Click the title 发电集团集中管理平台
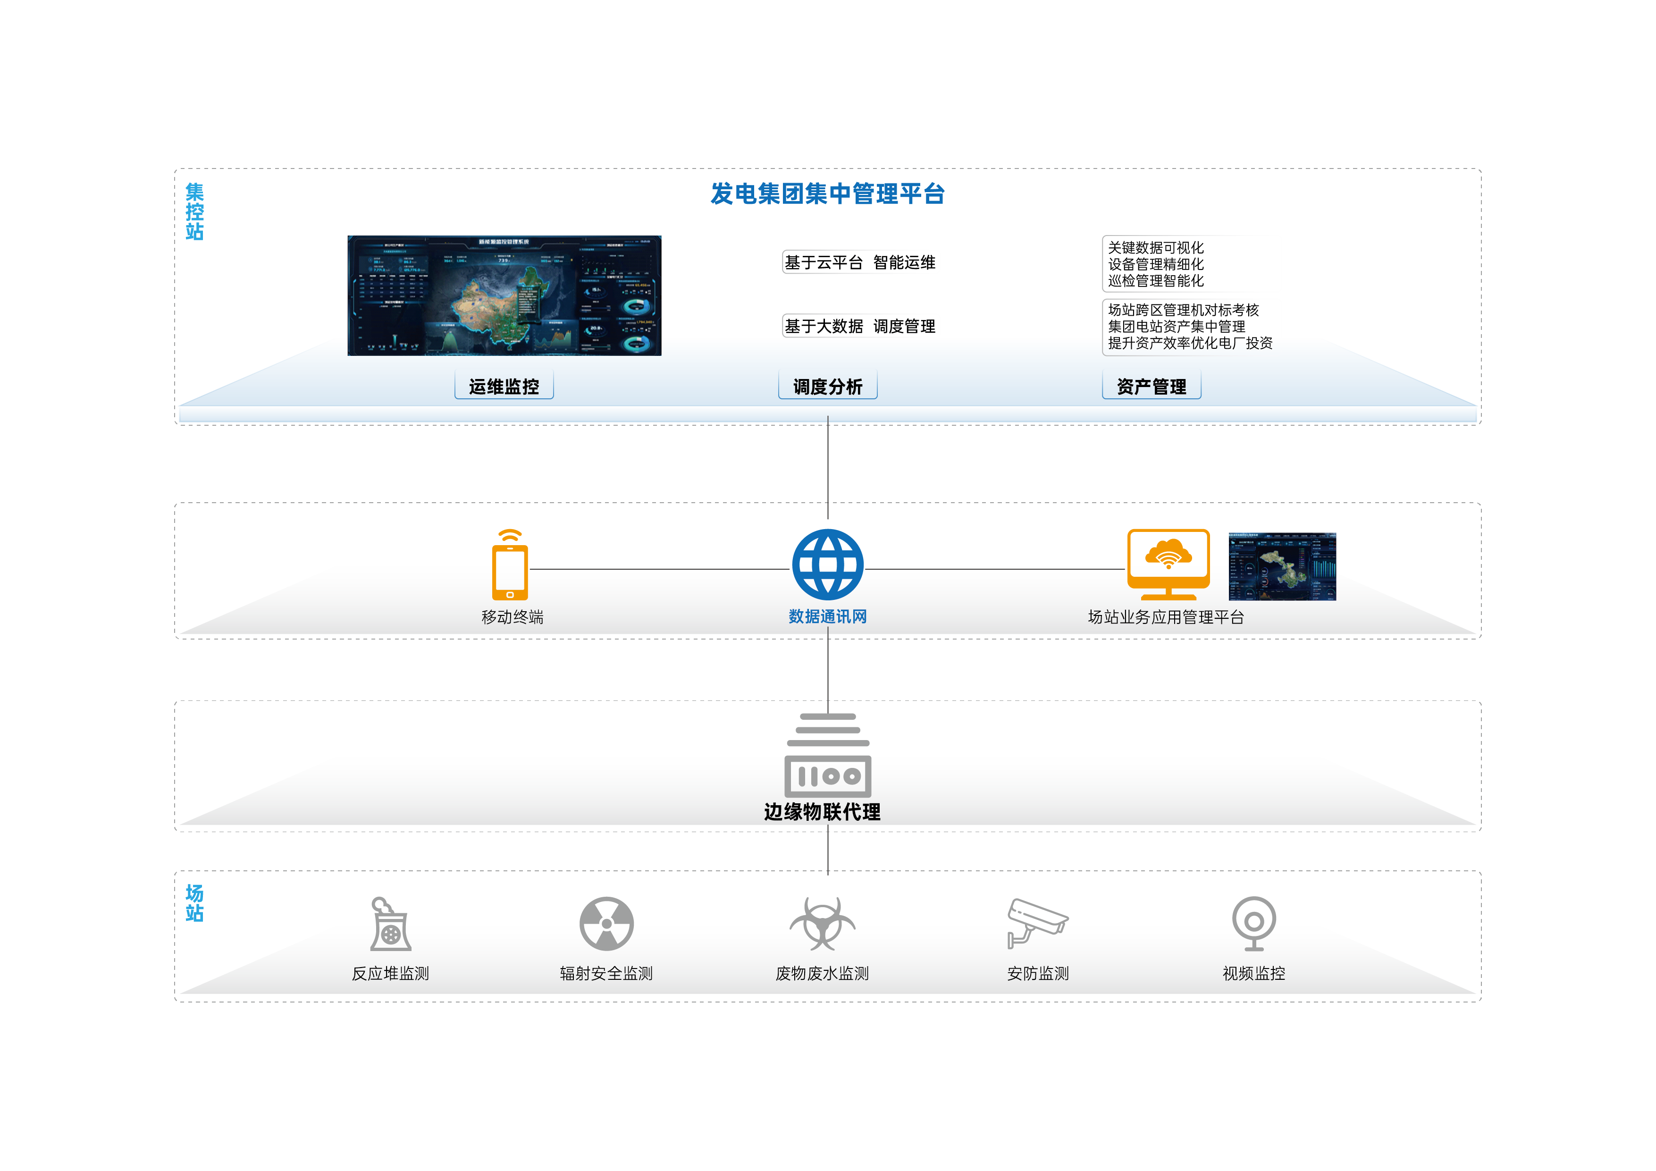point(827,194)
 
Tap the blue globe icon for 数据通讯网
point(827,564)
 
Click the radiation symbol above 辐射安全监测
point(606,924)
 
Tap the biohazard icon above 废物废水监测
point(822,924)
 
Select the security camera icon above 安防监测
point(1037,923)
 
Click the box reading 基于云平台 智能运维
point(860,262)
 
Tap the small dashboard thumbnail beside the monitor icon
point(1282,566)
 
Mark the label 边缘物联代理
point(822,812)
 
